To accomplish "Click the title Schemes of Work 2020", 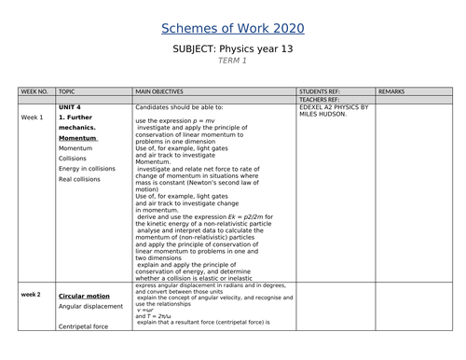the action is coord(232,29).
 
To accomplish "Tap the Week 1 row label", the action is coord(33,118).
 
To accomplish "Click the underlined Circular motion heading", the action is coord(84,295).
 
